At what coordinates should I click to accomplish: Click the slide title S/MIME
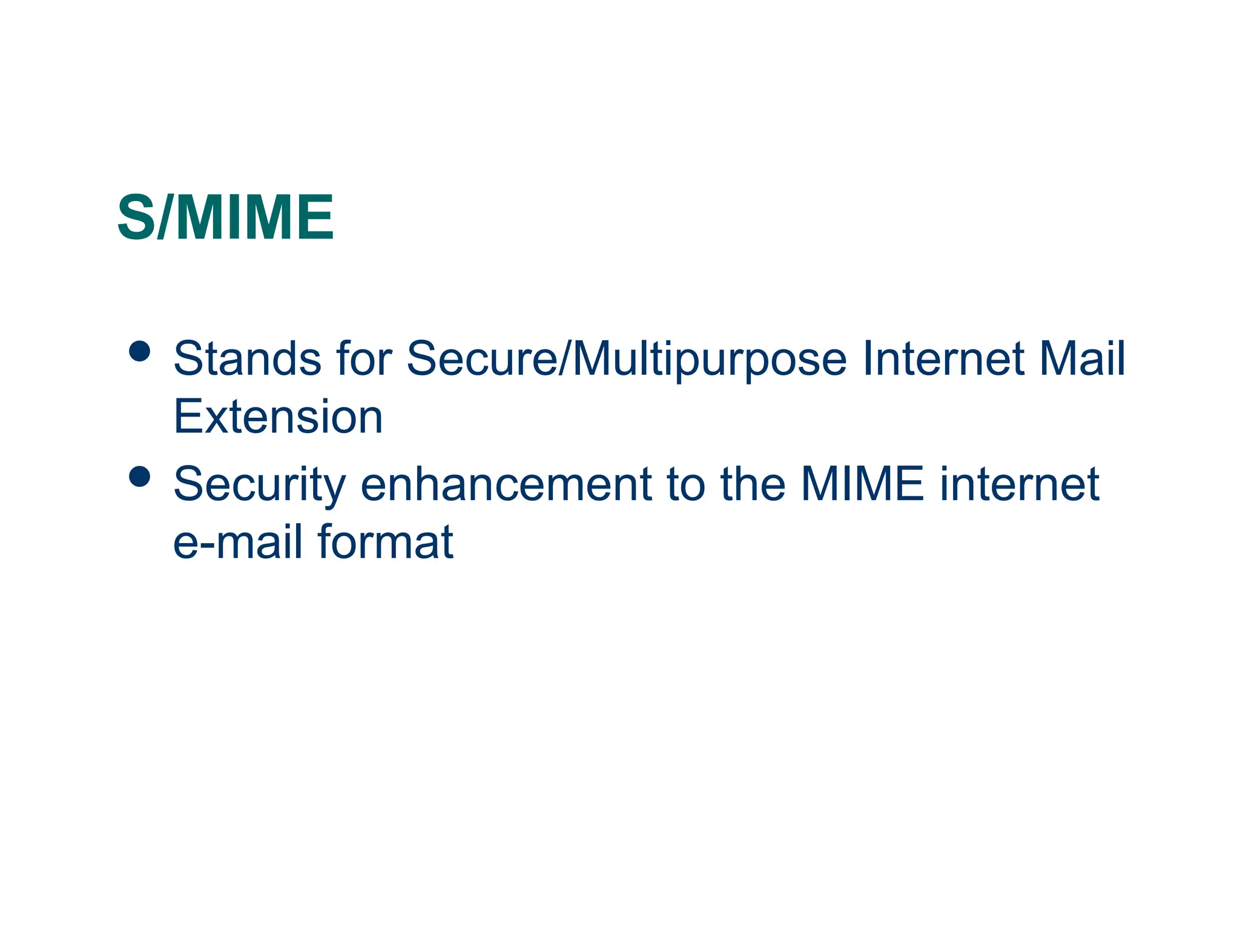point(225,218)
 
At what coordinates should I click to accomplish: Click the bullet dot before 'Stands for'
point(140,351)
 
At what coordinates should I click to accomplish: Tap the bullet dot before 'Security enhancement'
point(140,477)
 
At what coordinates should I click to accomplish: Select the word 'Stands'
point(247,358)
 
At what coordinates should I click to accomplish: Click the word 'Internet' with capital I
point(942,358)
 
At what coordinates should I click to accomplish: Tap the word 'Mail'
point(1082,358)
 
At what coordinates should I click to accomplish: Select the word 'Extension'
point(278,417)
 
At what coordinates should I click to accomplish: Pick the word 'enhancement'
point(506,484)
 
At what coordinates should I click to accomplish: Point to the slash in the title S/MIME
point(164,218)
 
